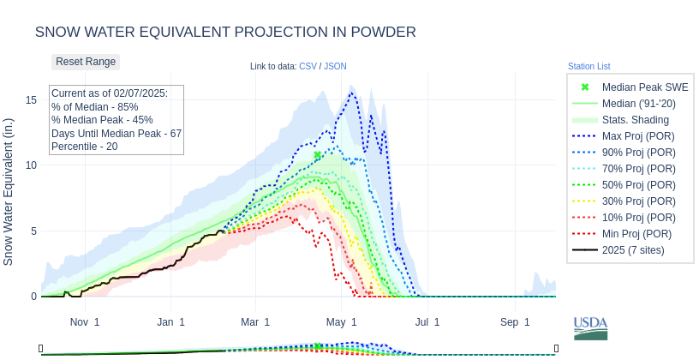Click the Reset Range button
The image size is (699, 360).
point(86,62)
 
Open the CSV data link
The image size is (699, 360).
point(308,67)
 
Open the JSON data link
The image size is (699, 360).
point(335,67)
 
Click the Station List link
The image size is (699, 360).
point(588,67)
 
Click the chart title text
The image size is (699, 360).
point(225,33)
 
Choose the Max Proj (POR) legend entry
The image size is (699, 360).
point(637,136)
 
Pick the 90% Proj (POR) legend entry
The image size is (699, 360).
point(637,153)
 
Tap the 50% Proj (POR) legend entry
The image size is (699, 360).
point(637,185)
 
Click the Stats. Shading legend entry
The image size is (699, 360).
point(635,120)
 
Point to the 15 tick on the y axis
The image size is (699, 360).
point(32,100)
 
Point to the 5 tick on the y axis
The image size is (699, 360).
point(34,231)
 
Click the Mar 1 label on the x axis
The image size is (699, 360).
point(255,322)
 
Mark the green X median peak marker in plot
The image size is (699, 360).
point(318,155)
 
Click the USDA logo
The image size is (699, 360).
point(590,327)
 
